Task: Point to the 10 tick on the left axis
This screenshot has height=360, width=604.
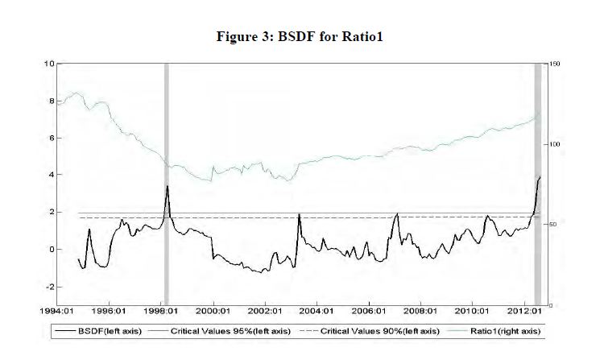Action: [x=50, y=64]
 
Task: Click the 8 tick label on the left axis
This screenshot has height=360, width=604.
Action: [x=52, y=101]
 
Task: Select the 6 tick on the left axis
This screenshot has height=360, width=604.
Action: [x=52, y=139]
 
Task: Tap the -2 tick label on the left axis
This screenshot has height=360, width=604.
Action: [x=50, y=287]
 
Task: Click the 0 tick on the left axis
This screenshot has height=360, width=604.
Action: [x=52, y=250]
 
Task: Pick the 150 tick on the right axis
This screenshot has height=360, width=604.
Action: [x=553, y=64]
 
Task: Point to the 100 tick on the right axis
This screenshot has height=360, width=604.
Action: [x=553, y=144]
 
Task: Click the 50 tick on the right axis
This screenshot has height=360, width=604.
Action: [x=552, y=225]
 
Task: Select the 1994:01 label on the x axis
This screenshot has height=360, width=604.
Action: [x=58, y=311]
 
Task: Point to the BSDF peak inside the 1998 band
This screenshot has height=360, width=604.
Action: [x=167, y=186]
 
